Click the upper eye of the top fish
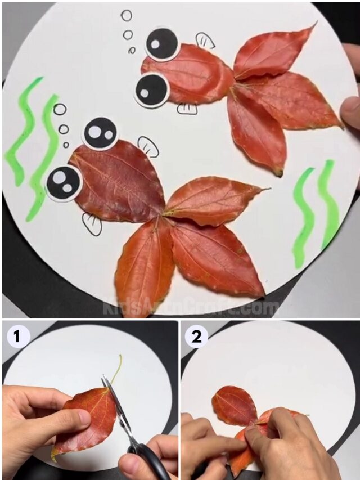(x=162, y=44)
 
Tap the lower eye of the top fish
(x=151, y=89)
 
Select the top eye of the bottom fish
(x=100, y=133)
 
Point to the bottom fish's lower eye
(x=64, y=183)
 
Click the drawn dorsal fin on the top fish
(x=205, y=40)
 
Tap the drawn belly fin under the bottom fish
(x=92, y=224)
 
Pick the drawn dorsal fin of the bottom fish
(x=148, y=146)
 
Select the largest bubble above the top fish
(x=127, y=16)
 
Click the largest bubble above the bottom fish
(x=60, y=109)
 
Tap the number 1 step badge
(x=18, y=337)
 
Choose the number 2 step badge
(x=196, y=337)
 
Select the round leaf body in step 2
(x=235, y=405)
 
